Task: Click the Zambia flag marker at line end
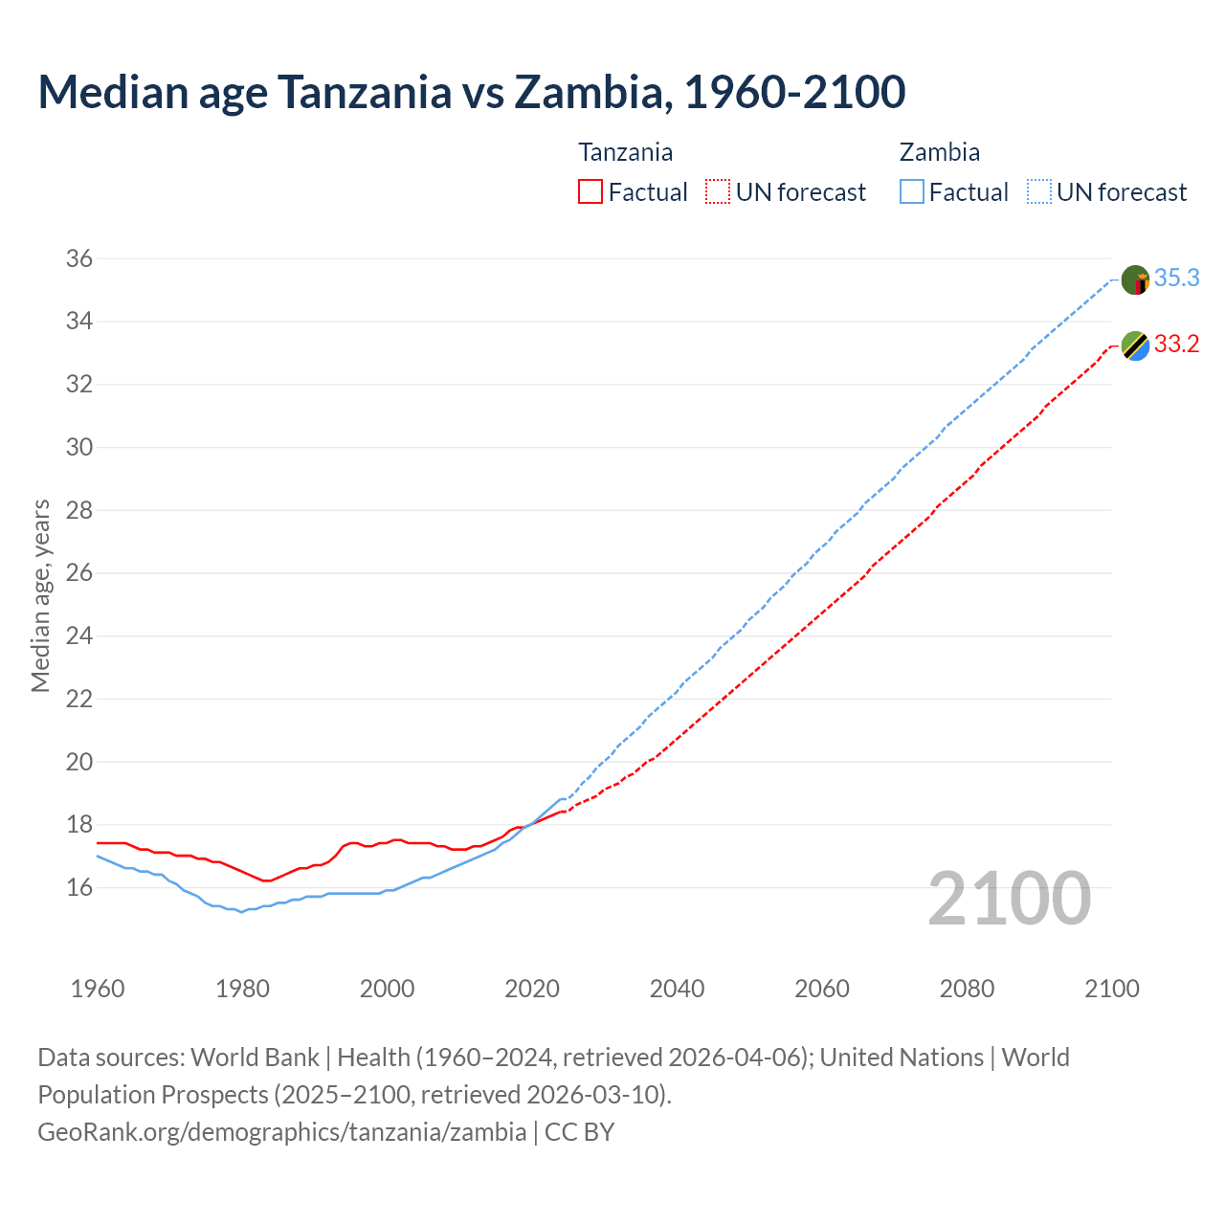tap(1135, 280)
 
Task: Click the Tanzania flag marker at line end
tap(1135, 345)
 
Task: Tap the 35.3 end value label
tap(1176, 278)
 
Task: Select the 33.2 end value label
tap(1176, 344)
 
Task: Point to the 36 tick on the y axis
tap(79, 258)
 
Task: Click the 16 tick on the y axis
tap(79, 887)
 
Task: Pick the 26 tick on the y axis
tap(79, 573)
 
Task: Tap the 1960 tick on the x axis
tap(98, 989)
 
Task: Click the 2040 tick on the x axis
tap(677, 989)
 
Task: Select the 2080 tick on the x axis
tap(967, 989)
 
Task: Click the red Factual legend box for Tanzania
tap(590, 192)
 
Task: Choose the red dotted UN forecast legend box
tap(718, 192)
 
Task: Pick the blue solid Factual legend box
tap(912, 192)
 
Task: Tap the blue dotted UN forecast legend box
tap(1039, 192)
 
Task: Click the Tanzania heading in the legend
tap(625, 152)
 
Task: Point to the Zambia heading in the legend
tap(939, 152)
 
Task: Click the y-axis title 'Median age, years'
tap(40, 595)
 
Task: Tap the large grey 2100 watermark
tap(1009, 898)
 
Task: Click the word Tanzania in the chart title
tap(364, 92)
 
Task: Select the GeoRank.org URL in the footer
tap(281, 1131)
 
